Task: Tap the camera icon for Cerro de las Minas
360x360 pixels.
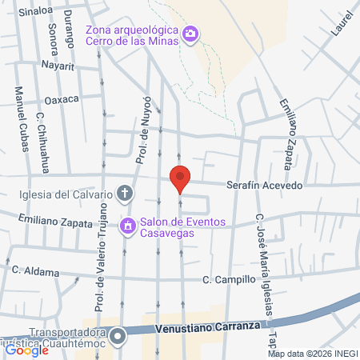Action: (x=191, y=34)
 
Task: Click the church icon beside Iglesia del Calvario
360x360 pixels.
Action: (x=125, y=192)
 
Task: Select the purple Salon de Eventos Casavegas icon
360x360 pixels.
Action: (x=126, y=226)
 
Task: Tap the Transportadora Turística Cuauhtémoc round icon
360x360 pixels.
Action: (x=118, y=335)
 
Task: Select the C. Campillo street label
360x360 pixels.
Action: (x=229, y=280)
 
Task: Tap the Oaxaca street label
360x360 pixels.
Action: (x=62, y=99)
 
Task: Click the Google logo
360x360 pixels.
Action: (x=26, y=350)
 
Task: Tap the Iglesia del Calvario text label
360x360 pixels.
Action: (x=67, y=193)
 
